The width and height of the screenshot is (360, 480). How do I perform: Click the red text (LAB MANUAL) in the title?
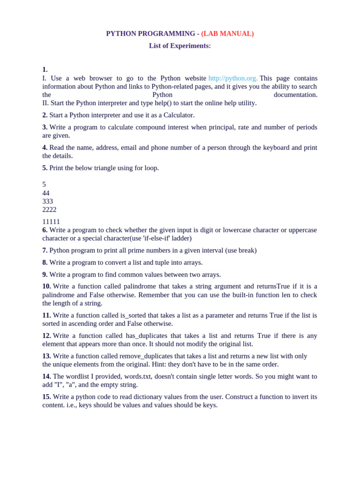click(x=227, y=34)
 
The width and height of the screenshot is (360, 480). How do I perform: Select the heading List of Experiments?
click(x=180, y=45)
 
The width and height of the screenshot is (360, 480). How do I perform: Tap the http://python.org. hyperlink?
click(x=233, y=78)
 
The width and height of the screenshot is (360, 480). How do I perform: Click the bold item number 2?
click(x=45, y=115)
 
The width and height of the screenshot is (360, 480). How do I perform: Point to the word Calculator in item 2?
click(x=179, y=115)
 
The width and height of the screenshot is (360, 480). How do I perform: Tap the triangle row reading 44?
click(x=46, y=193)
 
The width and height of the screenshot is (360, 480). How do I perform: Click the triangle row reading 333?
click(x=47, y=202)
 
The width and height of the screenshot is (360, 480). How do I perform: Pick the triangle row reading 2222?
click(x=49, y=210)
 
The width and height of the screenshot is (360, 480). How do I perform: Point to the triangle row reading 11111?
click(x=51, y=222)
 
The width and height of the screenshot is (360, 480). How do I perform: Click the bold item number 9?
click(x=45, y=275)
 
